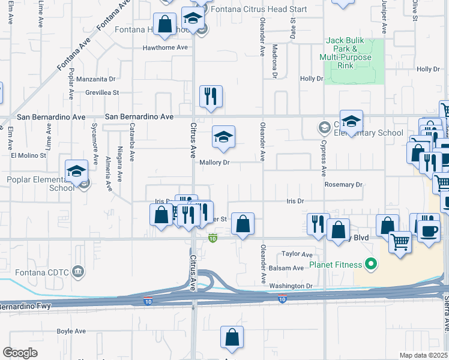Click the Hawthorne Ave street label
165,47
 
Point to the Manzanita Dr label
96,79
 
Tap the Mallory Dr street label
214,163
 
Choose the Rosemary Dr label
343,185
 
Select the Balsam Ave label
290,268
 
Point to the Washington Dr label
292,286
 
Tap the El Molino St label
28,155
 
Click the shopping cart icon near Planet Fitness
400,242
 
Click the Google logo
20,353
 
